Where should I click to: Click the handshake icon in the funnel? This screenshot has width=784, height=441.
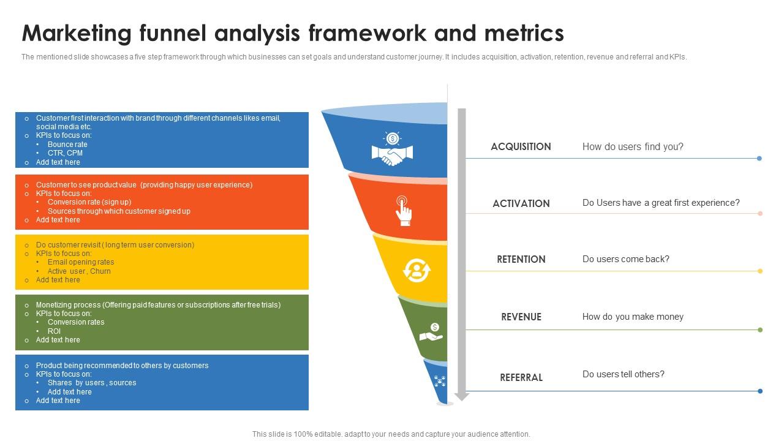pyautogui.click(x=392, y=149)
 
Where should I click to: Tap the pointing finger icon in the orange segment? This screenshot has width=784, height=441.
pyautogui.click(x=403, y=211)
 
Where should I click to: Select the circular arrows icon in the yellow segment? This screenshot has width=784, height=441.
pyautogui.click(x=417, y=270)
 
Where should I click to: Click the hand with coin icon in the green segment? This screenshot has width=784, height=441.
pyautogui.click(x=431, y=333)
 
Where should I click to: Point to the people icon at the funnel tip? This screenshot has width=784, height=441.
pyautogui.click(x=439, y=382)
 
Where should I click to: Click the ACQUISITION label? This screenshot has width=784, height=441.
pyautogui.click(x=521, y=147)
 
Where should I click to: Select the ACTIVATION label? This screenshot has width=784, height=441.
pyautogui.click(x=521, y=204)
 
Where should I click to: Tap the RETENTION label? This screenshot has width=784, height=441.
pyautogui.click(x=521, y=260)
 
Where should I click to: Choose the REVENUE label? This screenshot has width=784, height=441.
pyautogui.click(x=521, y=317)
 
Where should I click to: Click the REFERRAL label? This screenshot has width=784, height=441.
pyautogui.click(x=521, y=378)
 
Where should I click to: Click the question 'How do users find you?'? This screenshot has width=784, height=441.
pyautogui.click(x=633, y=147)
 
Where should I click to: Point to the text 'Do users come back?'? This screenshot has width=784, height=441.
pyautogui.click(x=625, y=259)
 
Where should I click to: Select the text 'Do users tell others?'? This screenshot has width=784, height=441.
pyautogui.click(x=623, y=374)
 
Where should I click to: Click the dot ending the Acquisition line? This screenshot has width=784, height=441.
pyautogui.click(x=759, y=159)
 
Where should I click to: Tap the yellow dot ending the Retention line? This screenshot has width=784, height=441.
pyautogui.click(x=760, y=271)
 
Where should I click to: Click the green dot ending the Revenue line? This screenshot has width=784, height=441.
pyautogui.click(x=760, y=330)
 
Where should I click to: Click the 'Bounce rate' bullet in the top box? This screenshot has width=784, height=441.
pyautogui.click(x=67, y=145)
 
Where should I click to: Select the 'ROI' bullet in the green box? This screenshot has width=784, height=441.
pyautogui.click(x=54, y=331)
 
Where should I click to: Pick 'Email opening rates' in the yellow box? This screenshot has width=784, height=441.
pyautogui.click(x=81, y=262)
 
